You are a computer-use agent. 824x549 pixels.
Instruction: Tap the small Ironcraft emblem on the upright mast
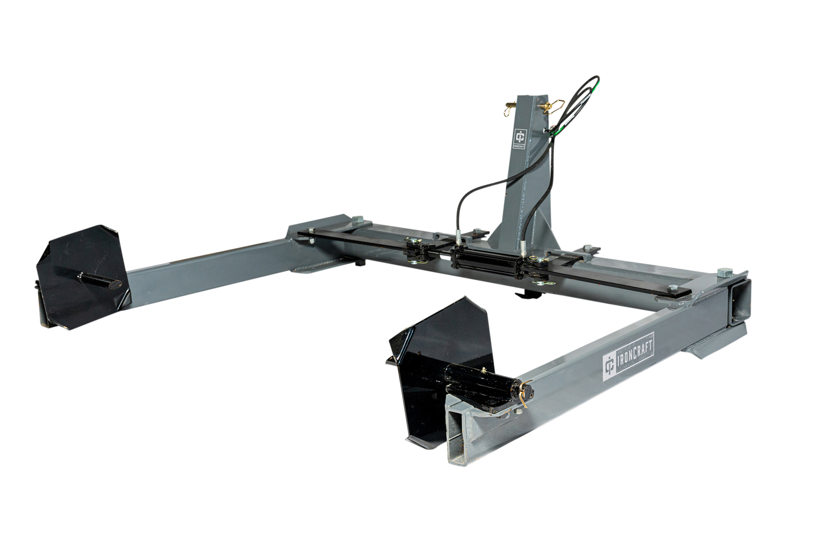519,139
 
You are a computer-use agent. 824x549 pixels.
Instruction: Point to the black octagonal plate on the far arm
83,277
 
